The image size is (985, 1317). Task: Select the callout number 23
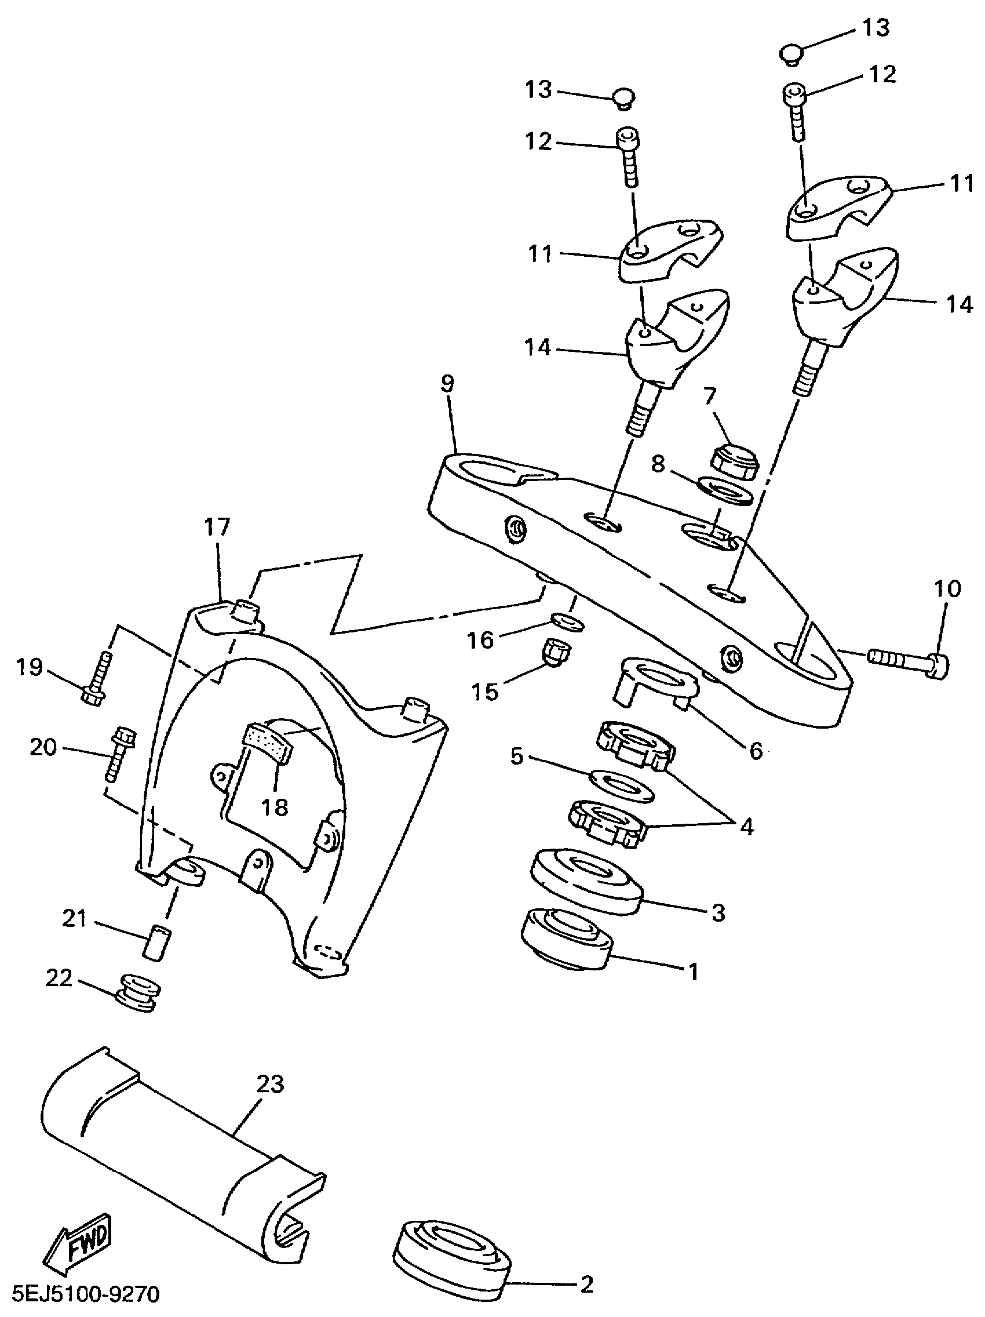[x=269, y=1084]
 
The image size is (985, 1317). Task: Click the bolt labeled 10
[x=908, y=659]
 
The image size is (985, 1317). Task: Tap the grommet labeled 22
[x=138, y=991]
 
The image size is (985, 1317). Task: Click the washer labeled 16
[x=566, y=621]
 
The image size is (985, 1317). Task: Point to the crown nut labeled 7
[x=735, y=461]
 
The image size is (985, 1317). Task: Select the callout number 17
[x=217, y=527]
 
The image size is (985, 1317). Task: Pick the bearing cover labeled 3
[x=586, y=879]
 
